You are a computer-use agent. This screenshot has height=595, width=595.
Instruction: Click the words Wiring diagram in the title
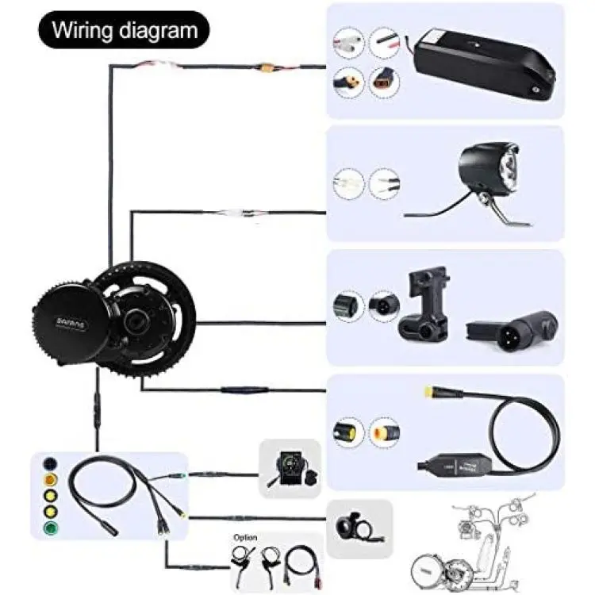(124, 31)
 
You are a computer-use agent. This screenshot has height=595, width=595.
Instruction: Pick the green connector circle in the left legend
(48, 529)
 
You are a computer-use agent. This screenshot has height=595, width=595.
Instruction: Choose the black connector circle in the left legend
(48, 463)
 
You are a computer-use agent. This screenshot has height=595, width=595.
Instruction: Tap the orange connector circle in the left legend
(48, 480)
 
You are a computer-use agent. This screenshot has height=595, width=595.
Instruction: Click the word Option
(245, 537)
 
